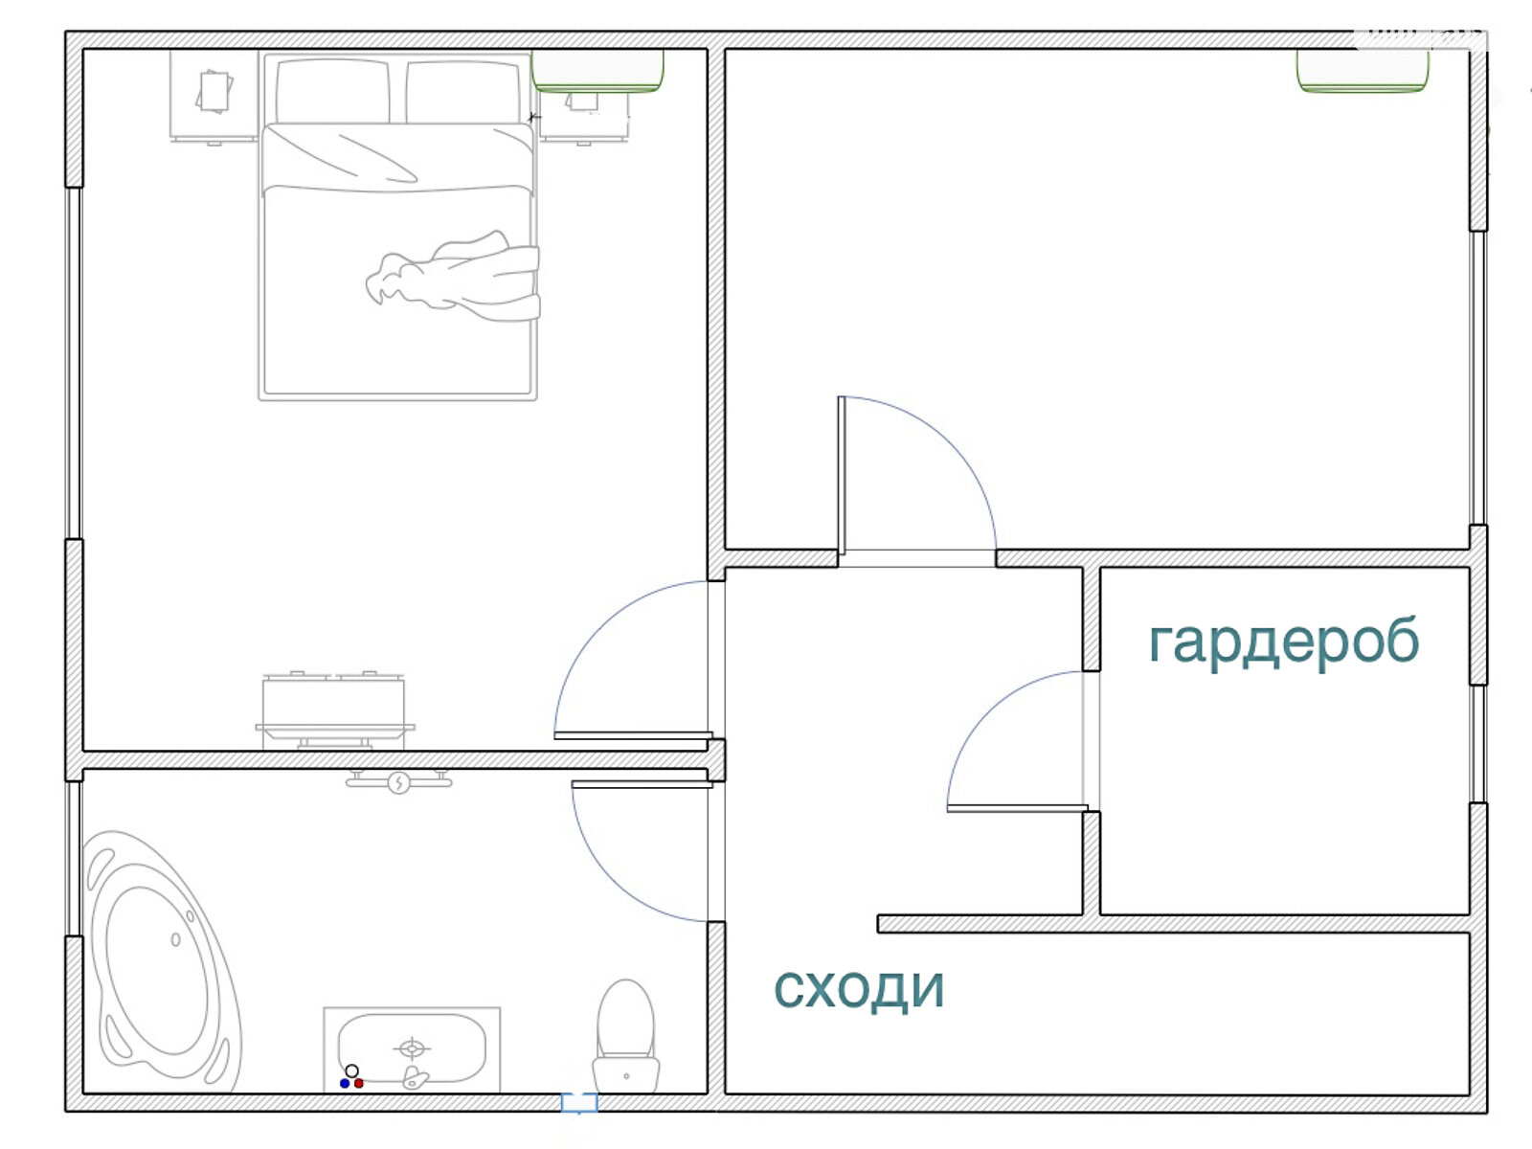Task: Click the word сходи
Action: coord(859,988)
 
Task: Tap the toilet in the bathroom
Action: coord(626,1036)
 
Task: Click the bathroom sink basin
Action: coord(412,1048)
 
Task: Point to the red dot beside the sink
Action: coord(359,1084)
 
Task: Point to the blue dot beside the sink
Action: coord(344,1084)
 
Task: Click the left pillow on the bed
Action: coord(333,92)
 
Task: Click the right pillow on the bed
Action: coord(463,92)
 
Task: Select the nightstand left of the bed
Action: coord(214,96)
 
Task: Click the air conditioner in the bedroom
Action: coord(597,71)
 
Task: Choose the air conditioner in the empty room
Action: coord(1363,71)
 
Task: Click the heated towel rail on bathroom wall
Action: coord(398,781)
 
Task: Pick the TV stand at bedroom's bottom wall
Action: coord(334,711)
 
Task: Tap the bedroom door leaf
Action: coord(633,735)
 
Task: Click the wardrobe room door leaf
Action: coord(1017,808)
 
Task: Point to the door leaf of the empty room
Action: coord(842,475)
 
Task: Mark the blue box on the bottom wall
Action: coord(579,1102)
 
